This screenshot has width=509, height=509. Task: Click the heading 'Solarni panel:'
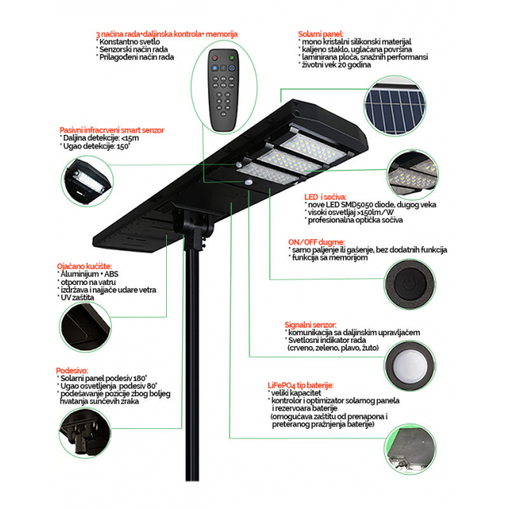(321, 34)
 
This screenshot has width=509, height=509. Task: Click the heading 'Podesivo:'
(72, 367)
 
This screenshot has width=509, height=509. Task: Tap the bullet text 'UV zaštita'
(81, 298)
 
